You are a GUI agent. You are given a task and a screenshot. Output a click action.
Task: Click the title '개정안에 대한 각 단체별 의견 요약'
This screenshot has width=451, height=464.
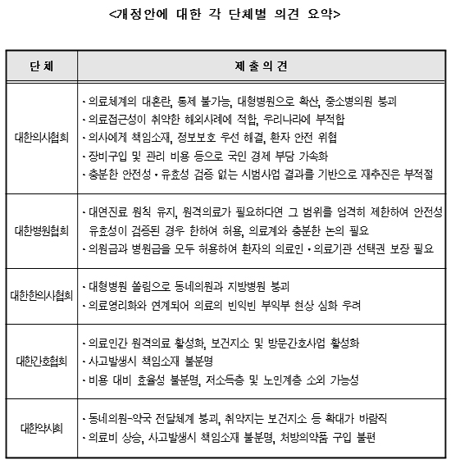pyautogui.click(x=225, y=14)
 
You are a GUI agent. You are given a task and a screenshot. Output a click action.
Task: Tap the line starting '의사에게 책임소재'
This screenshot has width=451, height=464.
pyautogui.click(x=212, y=138)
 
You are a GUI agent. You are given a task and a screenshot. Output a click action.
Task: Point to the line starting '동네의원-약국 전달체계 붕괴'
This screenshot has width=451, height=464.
pyautogui.click(x=233, y=417)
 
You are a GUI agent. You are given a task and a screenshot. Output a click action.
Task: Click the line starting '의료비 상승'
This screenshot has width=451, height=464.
pyautogui.click(x=225, y=435)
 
